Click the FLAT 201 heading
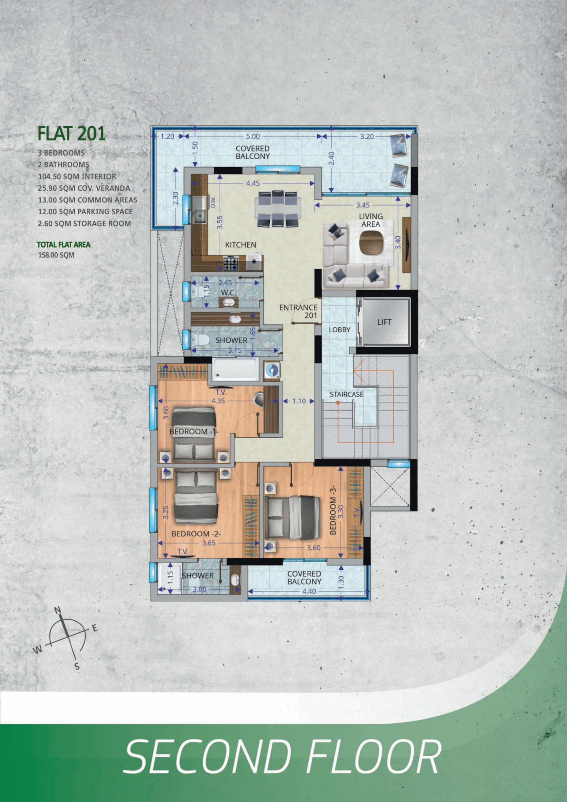71,133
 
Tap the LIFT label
384,322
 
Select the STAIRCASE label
346,394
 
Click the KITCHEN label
240,245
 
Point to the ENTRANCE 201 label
298,311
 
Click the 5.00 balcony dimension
253,136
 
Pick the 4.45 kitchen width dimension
253,183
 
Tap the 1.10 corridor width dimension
299,401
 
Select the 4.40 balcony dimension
309,591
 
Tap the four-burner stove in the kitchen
231,263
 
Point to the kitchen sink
200,209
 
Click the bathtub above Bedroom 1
235,369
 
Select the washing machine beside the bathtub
272,370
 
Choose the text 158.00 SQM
56,255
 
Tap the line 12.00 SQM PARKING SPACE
85,212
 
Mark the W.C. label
228,293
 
